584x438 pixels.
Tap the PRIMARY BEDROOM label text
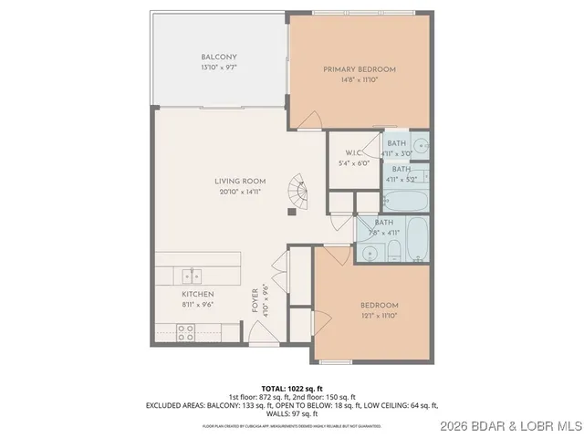click(359, 69)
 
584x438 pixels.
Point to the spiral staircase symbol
click(297, 193)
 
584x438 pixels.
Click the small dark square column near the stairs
click(291, 212)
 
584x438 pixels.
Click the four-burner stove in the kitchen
click(185, 332)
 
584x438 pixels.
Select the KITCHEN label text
click(197, 295)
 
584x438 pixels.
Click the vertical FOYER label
click(255, 299)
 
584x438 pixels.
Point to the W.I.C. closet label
click(355, 152)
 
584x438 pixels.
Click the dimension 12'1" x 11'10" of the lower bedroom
click(379, 316)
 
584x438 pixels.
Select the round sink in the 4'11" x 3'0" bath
click(421, 145)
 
